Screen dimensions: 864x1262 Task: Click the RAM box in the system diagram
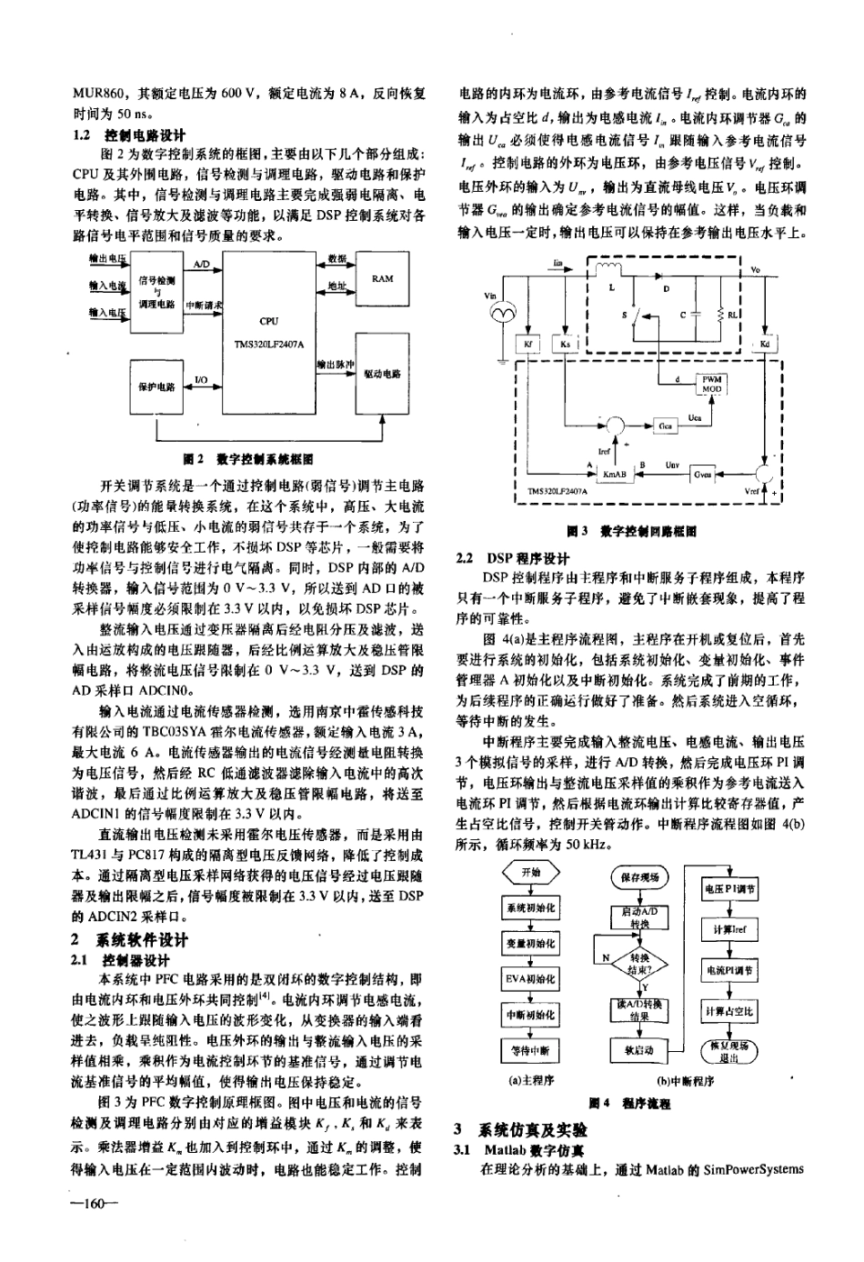pos(383,278)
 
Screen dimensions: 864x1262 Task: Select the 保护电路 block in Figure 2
pos(156,386)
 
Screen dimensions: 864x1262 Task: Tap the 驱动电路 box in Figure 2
pos(382,373)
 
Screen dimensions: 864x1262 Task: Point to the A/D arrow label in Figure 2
pos(202,265)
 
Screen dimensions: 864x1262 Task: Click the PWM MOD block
pos(711,383)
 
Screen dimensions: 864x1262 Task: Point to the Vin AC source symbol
pos(501,313)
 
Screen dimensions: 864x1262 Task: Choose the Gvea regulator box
pos(702,474)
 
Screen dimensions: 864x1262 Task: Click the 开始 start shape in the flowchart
pos(529,872)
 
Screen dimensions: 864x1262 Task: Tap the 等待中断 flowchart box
pos(529,1050)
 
